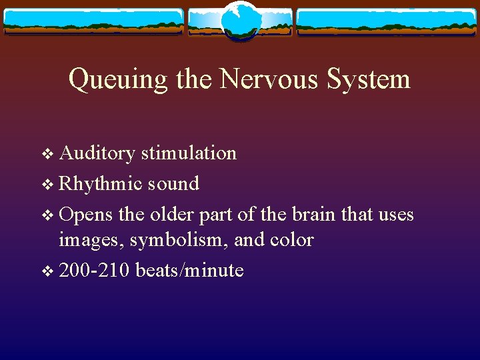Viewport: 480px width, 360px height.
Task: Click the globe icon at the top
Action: click(240, 21)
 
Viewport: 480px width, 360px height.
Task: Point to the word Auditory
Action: click(97, 154)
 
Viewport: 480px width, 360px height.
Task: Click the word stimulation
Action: click(188, 153)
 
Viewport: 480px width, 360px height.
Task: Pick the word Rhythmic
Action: click(101, 184)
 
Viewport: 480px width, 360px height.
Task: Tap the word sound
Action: click(173, 184)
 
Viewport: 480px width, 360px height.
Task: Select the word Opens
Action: click(86, 215)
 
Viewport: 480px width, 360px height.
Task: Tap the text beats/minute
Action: click(189, 271)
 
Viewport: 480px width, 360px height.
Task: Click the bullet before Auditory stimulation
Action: click(46, 154)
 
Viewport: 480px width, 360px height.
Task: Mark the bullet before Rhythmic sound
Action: click(46, 185)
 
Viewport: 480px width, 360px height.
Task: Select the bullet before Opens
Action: click(46, 216)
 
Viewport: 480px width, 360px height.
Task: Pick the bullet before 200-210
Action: click(46, 271)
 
